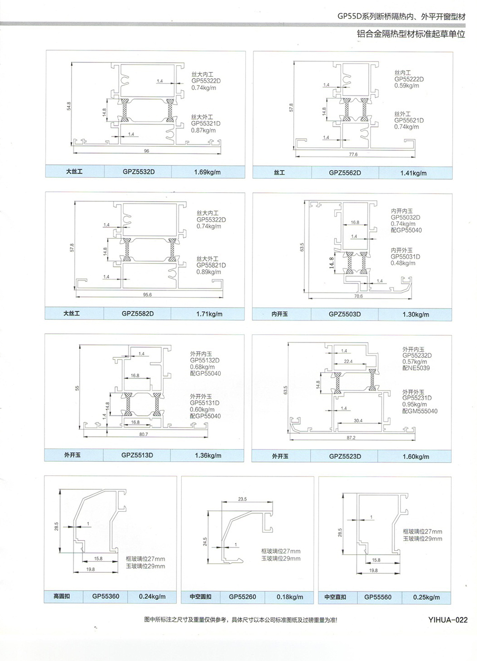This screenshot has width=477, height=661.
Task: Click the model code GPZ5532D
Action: [138, 172]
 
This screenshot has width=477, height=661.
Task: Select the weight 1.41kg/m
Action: [413, 173]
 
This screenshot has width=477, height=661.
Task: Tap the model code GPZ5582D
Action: [137, 314]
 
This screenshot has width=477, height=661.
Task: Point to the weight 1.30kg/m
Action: [415, 315]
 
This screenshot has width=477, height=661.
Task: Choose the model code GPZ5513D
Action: [137, 455]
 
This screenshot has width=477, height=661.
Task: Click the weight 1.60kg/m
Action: [415, 457]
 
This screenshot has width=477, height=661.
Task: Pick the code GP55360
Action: [106, 597]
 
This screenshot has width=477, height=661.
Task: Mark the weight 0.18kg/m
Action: [290, 597]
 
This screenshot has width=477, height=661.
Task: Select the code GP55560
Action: [378, 597]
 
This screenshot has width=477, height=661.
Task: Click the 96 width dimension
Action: [146, 151]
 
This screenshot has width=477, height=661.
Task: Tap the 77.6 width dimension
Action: [353, 155]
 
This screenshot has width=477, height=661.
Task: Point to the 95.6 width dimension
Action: [147, 295]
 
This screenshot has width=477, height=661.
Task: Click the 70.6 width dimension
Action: [358, 296]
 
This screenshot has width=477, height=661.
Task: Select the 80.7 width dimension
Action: [144, 434]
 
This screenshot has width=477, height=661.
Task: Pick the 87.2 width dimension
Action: [351, 438]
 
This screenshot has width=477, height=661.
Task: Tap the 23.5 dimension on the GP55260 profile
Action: [242, 499]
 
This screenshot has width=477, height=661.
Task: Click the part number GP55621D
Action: [408, 121]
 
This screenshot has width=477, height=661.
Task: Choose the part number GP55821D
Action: [211, 265]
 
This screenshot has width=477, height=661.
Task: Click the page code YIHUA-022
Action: [447, 620]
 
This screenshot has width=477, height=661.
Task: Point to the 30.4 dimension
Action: [358, 421]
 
